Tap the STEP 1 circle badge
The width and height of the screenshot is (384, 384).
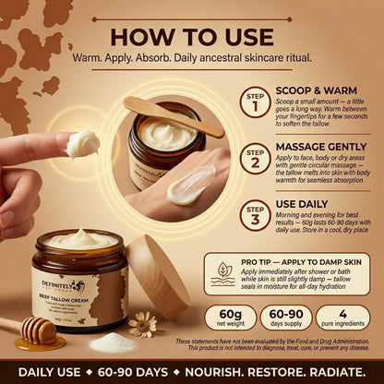[x=255, y=102]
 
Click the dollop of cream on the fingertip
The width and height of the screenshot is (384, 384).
[x=83, y=142]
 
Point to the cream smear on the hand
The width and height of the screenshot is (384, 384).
[x=190, y=186]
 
